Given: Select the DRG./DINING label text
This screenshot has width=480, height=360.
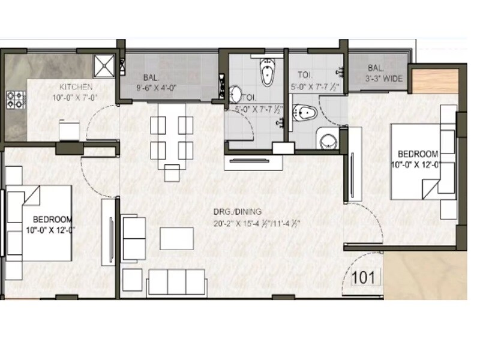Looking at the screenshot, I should point(238,211).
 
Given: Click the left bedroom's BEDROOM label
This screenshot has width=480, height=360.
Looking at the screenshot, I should point(53,219).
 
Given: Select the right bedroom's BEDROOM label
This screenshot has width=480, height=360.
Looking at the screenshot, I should point(418,154).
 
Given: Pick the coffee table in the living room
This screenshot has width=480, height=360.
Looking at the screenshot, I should point(176,238).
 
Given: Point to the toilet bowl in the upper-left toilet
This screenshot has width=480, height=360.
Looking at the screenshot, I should point(266,74).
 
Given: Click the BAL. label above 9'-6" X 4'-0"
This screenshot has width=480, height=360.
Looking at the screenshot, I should point(150,77).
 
